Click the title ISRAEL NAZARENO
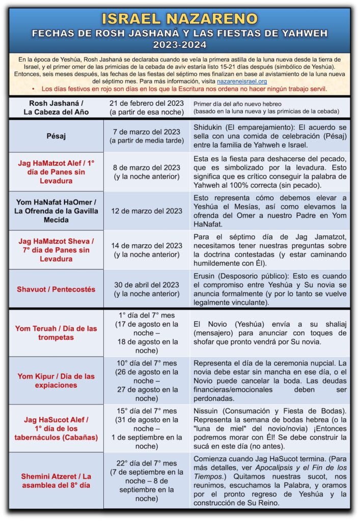[180, 18]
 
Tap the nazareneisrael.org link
[241, 81]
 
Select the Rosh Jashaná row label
[56, 107]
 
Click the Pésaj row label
[56, 136]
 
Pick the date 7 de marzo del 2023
[146, 132]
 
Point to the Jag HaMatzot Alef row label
[56, 172]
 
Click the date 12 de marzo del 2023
[146, 211]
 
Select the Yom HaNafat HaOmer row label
[56, 211]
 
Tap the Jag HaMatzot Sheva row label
[56, 249]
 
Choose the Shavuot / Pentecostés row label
[56, 289]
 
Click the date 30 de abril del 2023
[146, 285]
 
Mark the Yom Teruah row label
[56, 333]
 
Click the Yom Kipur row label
[56, 381]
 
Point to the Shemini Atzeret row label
[56, 481]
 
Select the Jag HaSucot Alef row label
[56, 428]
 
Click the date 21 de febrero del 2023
[146, 103]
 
